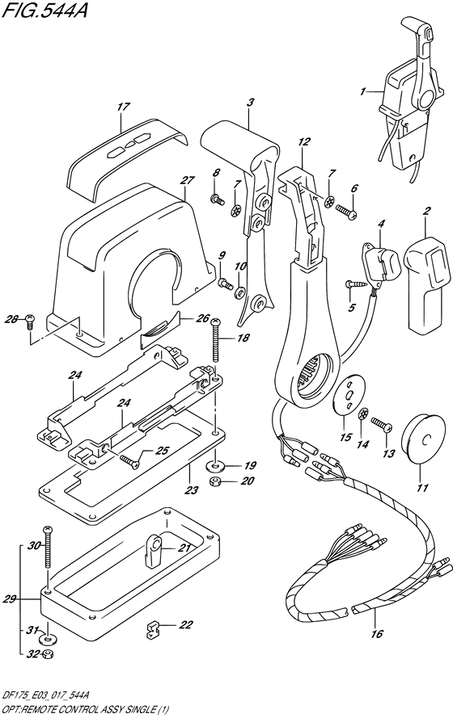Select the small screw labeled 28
coord(28,321)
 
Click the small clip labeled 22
coord(150,626)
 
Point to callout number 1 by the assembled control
coord(364,93)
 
